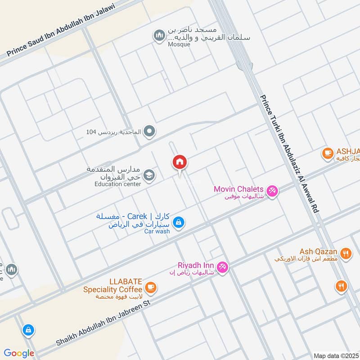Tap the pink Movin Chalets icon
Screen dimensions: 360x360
272,191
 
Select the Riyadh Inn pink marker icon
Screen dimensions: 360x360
222,268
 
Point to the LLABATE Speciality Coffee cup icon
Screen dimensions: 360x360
151,287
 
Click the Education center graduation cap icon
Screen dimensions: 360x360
150,175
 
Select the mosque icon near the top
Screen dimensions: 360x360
159,36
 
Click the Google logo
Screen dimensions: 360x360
19,353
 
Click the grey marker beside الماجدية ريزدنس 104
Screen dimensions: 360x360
150,132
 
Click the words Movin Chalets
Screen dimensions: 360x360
238,189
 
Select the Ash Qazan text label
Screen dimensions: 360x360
319,251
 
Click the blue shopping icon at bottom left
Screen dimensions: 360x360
28,330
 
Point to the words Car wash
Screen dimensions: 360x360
157,231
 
